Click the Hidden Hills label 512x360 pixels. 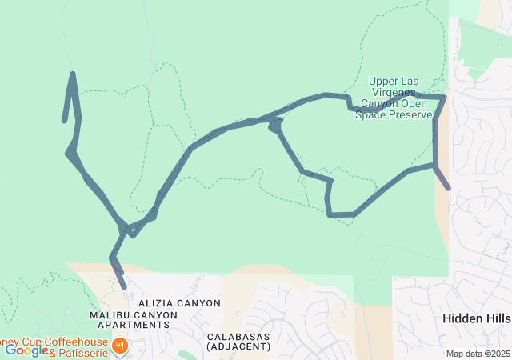tap(477, 318)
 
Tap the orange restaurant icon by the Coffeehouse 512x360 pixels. tap(120, 346)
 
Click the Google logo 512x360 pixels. tap(26, 350)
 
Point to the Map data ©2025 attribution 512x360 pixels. tap(477, 354)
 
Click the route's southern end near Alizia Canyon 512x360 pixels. tap(124, 286)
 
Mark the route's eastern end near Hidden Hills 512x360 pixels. tap(448, 188)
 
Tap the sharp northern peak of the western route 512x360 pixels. tap(73, 74)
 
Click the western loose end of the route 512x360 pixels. tap(64, 121)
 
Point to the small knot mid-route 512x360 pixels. tap(275, 125)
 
